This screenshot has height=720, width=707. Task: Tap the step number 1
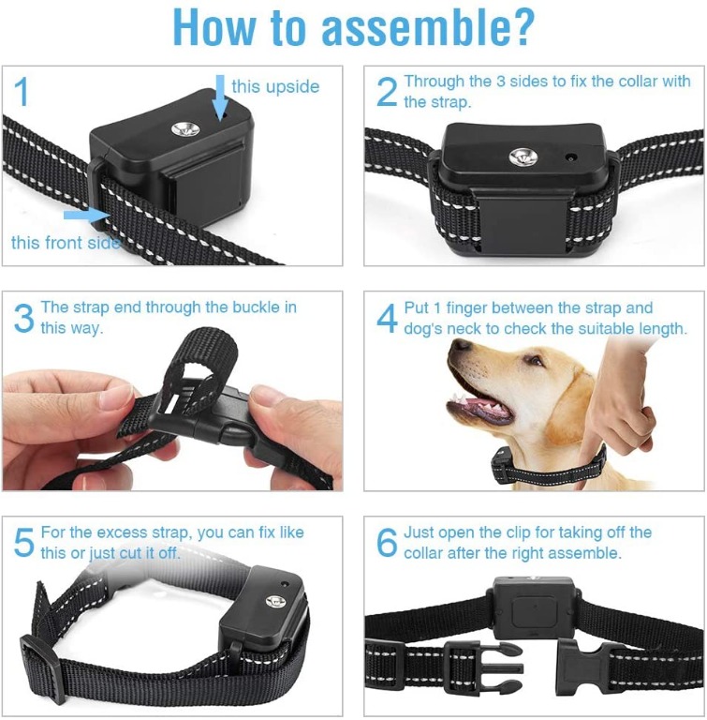(x=22, y=91)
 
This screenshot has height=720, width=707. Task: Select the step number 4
(x=387, y=317)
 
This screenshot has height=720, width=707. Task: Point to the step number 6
(x=387, y=542)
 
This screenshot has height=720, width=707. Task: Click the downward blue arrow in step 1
(x=221, y=96)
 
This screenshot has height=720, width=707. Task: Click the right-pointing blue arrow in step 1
(x=87, y=215)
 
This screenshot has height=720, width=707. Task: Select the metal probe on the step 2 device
(x=523, y=157)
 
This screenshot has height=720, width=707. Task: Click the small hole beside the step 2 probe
(x=570, y=157)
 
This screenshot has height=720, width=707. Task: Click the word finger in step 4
(x=472, y=307)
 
